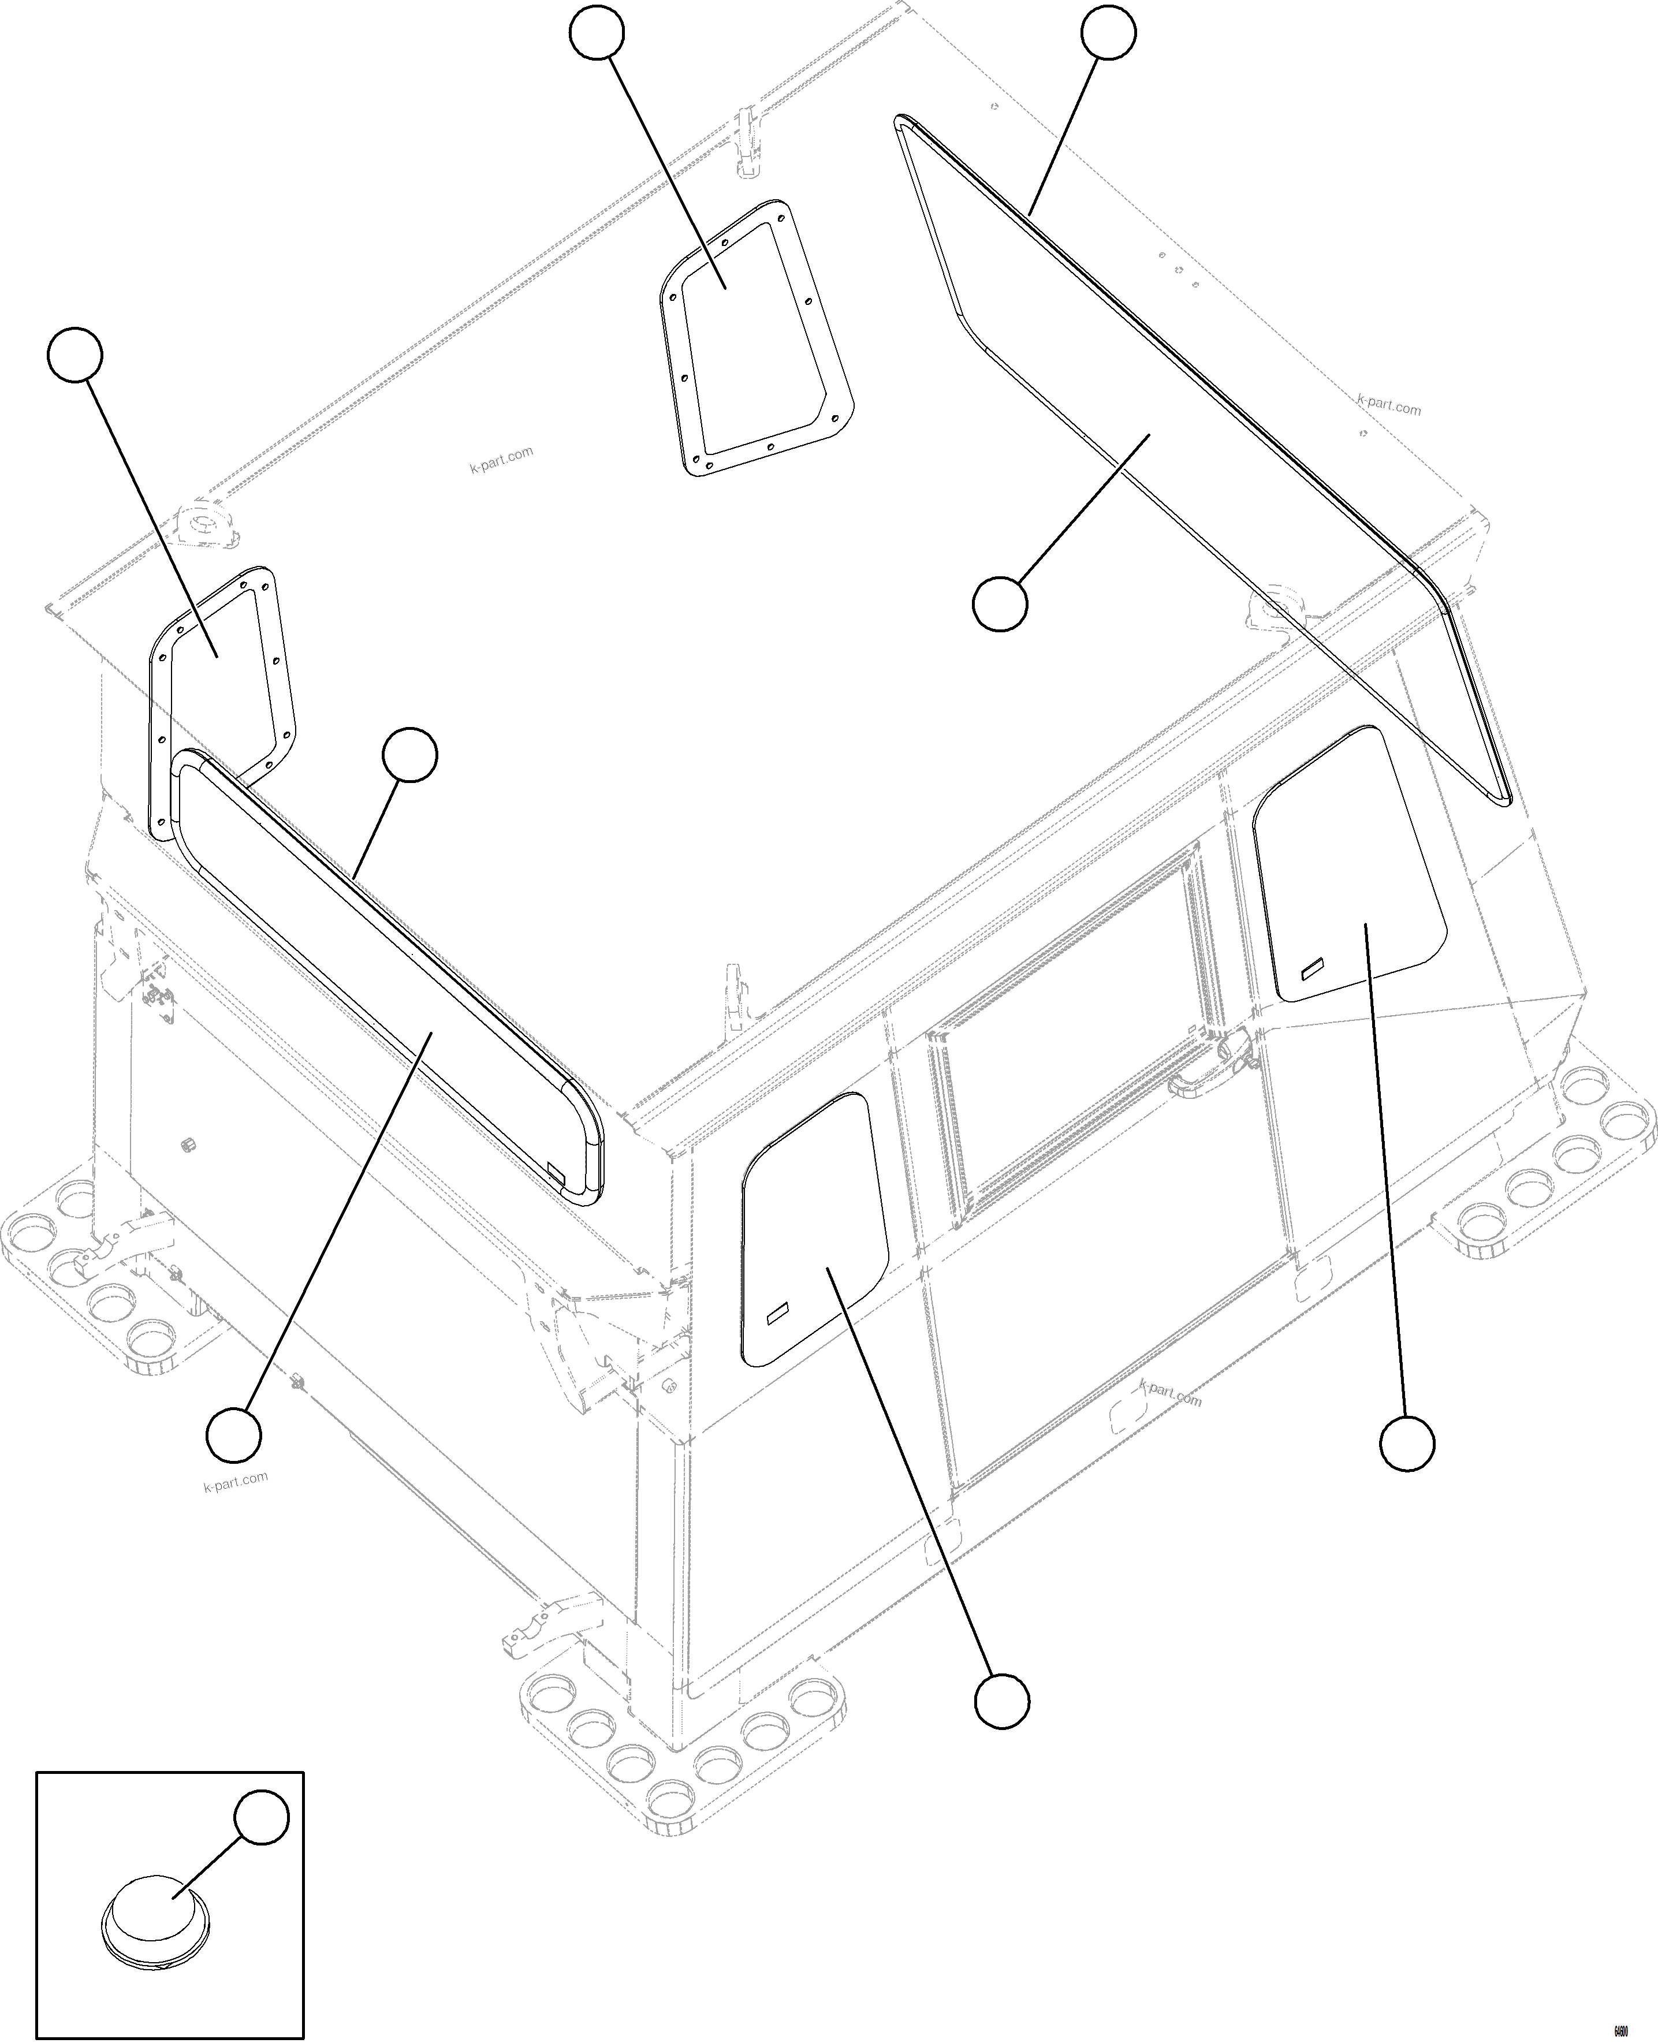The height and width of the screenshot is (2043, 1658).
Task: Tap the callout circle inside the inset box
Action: (x=262, y=1818)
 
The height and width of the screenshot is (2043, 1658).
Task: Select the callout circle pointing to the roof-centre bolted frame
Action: (x=597, y=32)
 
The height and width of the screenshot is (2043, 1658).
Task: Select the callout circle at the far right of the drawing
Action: (x=1407, y=1470)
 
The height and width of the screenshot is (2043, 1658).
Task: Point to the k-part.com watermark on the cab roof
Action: (x=501, y=460)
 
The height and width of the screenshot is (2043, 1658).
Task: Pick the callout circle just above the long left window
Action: (x=409, y=755)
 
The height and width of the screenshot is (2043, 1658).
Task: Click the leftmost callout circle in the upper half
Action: (x=74, y=355)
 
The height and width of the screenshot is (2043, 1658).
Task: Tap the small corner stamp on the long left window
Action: (x=557, y=1168)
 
